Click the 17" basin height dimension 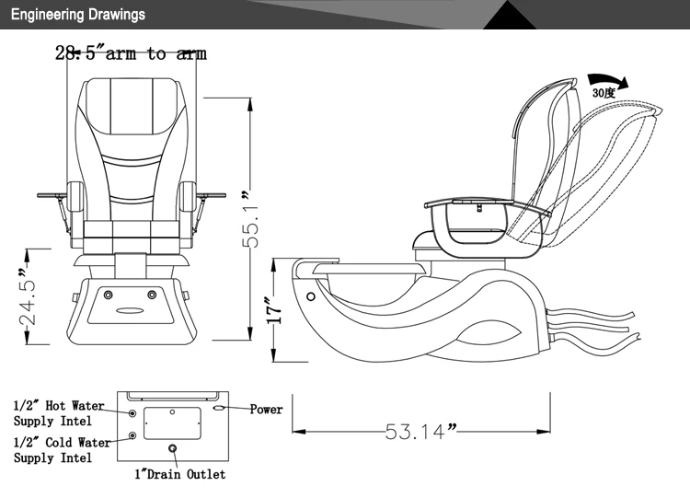[271, 314]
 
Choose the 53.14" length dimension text [420, 430]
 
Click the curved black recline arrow [606, 82]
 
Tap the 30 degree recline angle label [604, 94]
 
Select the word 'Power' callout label [266, 409]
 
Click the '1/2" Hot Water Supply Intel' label [59, 412]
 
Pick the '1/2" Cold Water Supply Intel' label [61, 450]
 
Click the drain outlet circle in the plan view [172, 449]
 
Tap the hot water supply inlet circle [134, 414]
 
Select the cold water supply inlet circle [134, 434]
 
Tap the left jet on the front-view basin [109, 295]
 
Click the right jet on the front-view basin [153, 295]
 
